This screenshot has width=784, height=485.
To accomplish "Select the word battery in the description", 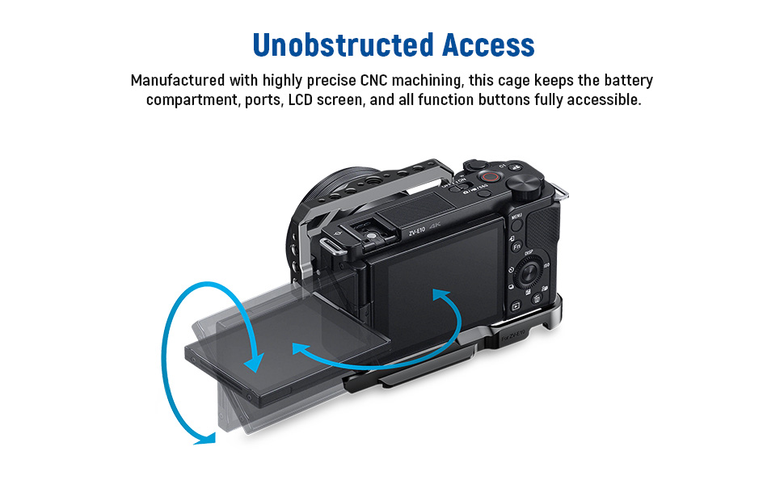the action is [623, 81].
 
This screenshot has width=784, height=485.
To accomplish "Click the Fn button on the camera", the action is [516, 247].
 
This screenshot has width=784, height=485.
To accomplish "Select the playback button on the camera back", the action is [515, 306].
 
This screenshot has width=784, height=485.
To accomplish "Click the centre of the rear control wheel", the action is [528, 273].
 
